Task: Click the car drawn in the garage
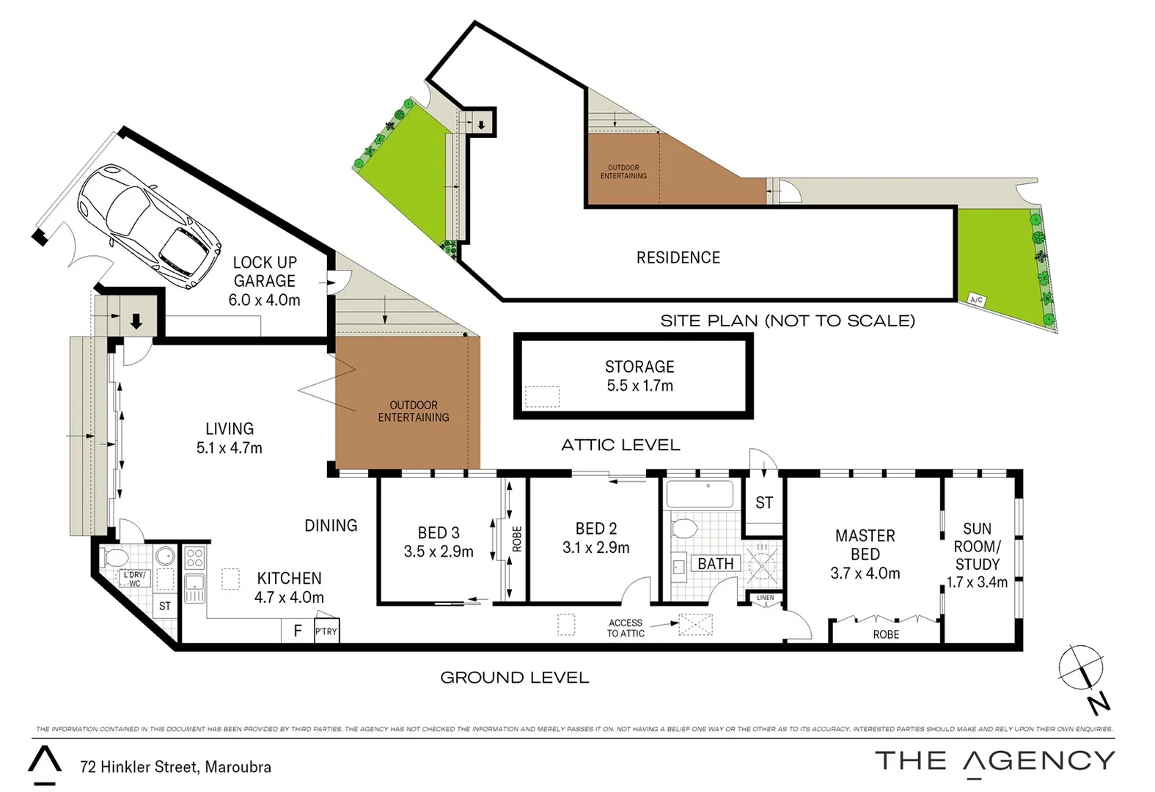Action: click(x=149, y=226)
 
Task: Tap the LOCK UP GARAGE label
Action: click(x=264, y=281)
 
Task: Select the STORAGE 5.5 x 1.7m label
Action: click(x=639, y=376)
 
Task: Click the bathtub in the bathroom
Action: click(x=700, y=494)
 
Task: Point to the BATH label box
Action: click(x=715, y=564)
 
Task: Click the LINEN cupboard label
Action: click(x=765, y=598)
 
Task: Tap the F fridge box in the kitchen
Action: click(x=298, y=631)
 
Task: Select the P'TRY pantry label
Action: click(x=326, y=631)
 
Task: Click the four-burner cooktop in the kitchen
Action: click(x=194, y=558)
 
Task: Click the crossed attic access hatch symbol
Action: click(x=695, y=624)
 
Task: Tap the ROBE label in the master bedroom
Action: click(x=886, y=634)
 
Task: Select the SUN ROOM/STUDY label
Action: click(x=977, y=555)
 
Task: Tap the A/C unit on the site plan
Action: click(x=976, y=300)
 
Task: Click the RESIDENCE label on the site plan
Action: click(x=678, y=257)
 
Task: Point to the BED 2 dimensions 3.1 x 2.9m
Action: click(x=595, y=547)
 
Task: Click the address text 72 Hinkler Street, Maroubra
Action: click(x=175, y=767)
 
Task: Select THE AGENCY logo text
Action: click(x=995, y=761)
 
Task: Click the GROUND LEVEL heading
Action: click(x=514, y=678)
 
